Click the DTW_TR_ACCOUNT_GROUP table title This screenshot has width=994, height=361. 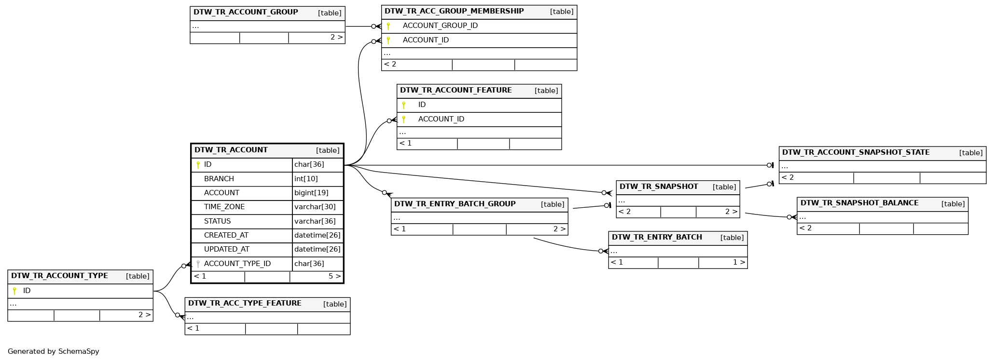(x=246, y=12)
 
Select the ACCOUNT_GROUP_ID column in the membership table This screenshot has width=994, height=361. (x=440, y=26)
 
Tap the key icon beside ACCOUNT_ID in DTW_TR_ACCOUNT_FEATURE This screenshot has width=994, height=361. (x=404, y=119)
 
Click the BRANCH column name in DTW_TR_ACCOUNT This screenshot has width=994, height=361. (x=219, y=179)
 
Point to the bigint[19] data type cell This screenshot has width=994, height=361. (x=311, y=193)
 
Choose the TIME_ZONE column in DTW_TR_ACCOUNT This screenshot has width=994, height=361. (x=224, y=207)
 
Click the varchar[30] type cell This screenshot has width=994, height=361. (x=315, y=207)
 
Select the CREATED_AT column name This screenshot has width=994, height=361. (x=226, y=235)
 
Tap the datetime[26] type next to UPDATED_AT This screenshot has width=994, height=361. (x=318, y=249)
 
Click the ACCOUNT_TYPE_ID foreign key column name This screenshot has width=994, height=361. (x=237, y=264)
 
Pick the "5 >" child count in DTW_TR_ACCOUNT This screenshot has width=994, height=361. (x=334, y=276)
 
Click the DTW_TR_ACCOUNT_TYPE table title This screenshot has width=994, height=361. (x=59, y=276)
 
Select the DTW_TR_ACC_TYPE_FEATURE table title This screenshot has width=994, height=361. (x=245, y=303)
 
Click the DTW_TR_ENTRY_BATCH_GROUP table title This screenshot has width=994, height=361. (x=455, y=204)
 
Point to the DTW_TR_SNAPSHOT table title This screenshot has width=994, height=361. (x=659, y=187)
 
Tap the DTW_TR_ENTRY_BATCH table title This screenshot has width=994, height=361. (x=657, y=237)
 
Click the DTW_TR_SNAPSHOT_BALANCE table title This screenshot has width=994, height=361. (x=859, y=203)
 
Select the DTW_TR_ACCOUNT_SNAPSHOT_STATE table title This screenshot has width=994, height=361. (x=856, y=152)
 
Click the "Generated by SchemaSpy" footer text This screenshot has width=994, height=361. (x=54, y=351)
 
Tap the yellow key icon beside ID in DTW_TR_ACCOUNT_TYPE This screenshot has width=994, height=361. (x=14, y=291)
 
